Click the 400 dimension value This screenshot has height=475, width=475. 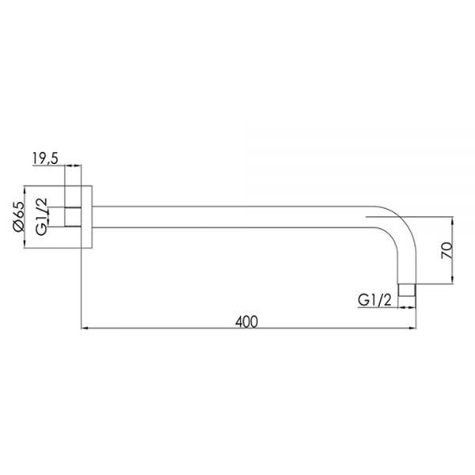(246, 321)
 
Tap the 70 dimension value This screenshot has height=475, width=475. (446, 250)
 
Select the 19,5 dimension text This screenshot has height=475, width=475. (45, 158)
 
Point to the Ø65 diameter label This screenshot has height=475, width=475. (19, 216)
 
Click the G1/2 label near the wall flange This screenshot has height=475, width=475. (41, 216)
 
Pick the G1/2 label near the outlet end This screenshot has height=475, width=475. (374, 300)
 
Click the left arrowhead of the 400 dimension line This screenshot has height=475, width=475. (85, 328)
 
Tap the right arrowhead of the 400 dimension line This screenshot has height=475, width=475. (412, 328)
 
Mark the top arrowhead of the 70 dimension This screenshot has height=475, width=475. (452, 220)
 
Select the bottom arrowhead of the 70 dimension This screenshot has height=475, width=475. (452, 280)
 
